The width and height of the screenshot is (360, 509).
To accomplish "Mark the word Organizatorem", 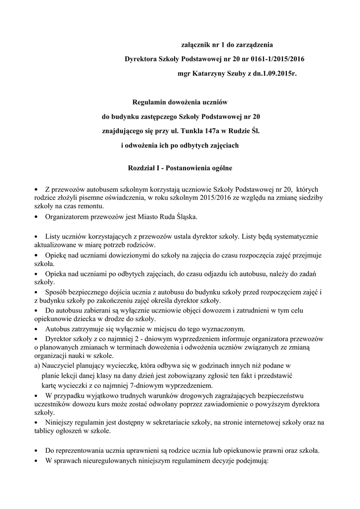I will tap(68, 217).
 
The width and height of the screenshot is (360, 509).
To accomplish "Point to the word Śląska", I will tap(183, 217).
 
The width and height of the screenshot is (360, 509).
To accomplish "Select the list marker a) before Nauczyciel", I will tap(37, 365).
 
